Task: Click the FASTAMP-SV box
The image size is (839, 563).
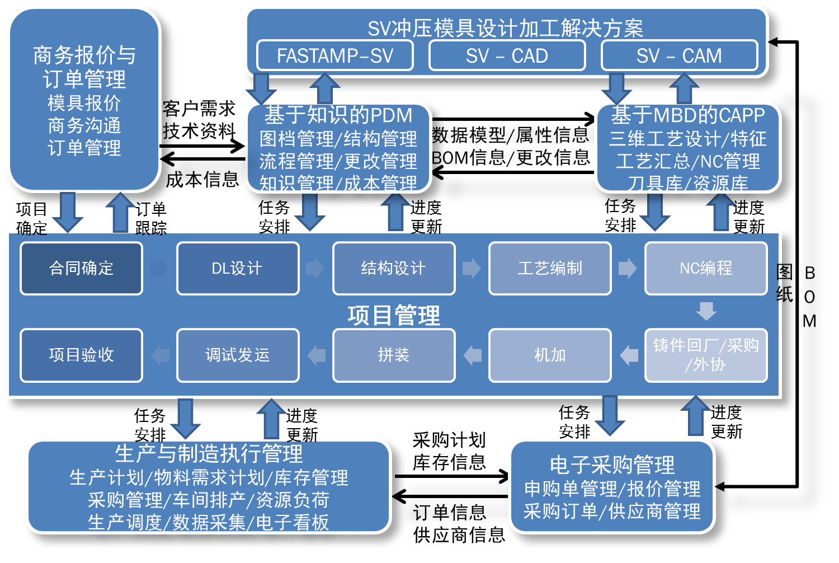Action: pos(334,56)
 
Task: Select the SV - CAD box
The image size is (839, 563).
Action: pos(507,56)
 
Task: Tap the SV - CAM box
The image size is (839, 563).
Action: pos(679,56)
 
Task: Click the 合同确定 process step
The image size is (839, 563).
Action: pos(81,269)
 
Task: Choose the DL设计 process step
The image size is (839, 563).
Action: pos(237,269)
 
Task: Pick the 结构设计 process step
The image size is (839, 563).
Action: pos(393,269)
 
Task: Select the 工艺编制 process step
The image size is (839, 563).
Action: pos(550,269)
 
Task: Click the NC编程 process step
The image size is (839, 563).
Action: pos(706,269)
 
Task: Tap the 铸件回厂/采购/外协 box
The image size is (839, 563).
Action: pos(706,355)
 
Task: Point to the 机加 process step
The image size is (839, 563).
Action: pos(550,355)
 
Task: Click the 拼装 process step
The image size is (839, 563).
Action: pos(393,355)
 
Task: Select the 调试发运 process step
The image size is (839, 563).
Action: pos(237,355)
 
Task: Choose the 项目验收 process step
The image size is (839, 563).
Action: pos(81,355)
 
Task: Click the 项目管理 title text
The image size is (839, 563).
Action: pos(393,316)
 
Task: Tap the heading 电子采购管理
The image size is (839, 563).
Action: pos(612,465)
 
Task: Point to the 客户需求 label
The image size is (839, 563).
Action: pos(199,108)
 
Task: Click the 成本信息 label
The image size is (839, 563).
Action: pos(202,180)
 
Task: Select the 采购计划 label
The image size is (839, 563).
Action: pos(449,440)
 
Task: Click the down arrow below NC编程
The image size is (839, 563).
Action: pos(706,311)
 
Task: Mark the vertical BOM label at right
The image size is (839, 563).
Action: pos(809,297)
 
